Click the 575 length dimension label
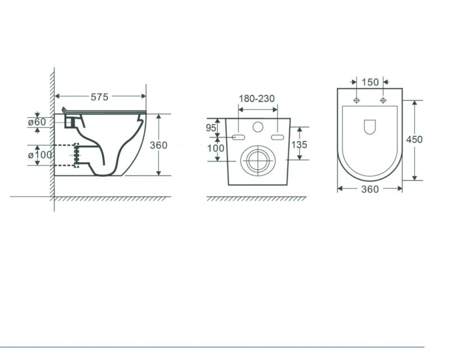point(99,98)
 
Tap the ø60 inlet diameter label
point(37,122)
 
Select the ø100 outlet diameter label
point(40,155)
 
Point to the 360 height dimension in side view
point(158,145)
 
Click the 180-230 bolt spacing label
point(257,99)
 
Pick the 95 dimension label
point(211,128)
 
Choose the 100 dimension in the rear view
point(216,148)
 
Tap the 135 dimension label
point(299,145)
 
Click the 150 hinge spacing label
point(370,82)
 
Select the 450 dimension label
point(414,140)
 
